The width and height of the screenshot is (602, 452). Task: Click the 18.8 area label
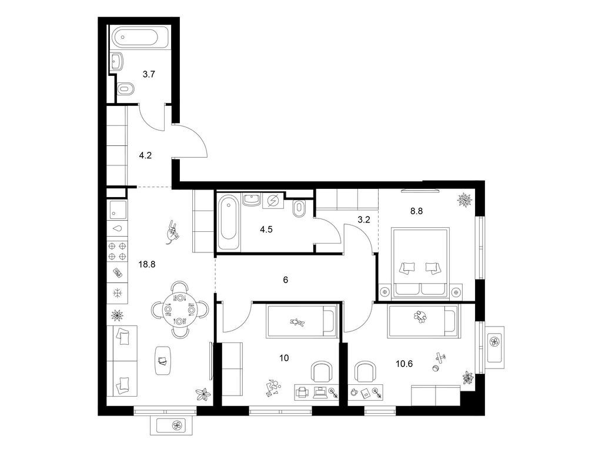[x=146, y=264]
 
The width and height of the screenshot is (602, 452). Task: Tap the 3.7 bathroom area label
[x=149, y=74]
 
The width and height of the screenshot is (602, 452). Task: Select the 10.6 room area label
[x=404, y=364]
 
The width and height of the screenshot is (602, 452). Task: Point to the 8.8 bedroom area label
[x=417, y=211]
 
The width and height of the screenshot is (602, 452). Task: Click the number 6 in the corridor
[x=286, y=280]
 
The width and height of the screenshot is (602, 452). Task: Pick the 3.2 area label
[x=363, y=220]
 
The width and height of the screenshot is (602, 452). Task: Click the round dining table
[x=180, y=309]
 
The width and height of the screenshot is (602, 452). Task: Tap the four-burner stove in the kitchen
[x=117, y=251]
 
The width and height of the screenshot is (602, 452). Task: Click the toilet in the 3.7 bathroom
[x=125, y=89]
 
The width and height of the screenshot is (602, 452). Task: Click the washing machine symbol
[x=273, y=201]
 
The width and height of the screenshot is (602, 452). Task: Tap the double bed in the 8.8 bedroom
[x=420, y=263]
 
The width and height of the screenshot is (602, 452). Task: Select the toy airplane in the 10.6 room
[x=441, y=358]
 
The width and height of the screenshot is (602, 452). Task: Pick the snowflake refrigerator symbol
[x=117, y=294]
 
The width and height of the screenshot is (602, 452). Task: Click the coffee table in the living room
[x=163, y=360]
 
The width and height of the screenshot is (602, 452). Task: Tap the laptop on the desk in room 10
[x=319, y=391]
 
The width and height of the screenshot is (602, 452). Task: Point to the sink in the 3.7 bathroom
[x=117, y=61]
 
